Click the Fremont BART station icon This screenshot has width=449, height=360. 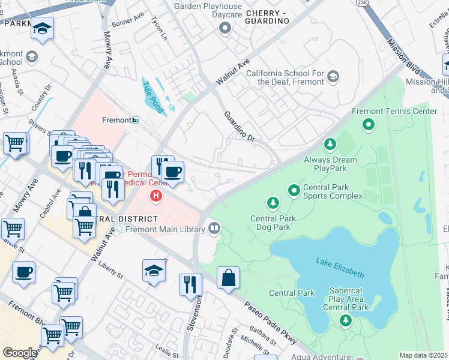[136, 120]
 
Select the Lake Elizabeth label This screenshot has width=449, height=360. [340, 267]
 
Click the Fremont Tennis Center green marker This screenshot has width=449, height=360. [369, 125]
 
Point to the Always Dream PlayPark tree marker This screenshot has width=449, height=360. [330, 144]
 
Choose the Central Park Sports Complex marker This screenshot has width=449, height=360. [294, 191]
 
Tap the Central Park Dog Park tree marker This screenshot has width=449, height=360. [273, 203]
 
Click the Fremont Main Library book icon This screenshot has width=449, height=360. [214, 228]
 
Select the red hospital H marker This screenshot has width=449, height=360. [156, 196]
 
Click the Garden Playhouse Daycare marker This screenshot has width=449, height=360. [225, 27]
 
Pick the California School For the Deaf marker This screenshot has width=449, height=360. [333, 77]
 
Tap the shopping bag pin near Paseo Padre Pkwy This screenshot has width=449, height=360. [228, 278]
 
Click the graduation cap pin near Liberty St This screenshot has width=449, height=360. [154, 272]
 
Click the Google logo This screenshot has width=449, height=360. [20, 353]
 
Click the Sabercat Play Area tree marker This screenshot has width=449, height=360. [345, 321]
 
